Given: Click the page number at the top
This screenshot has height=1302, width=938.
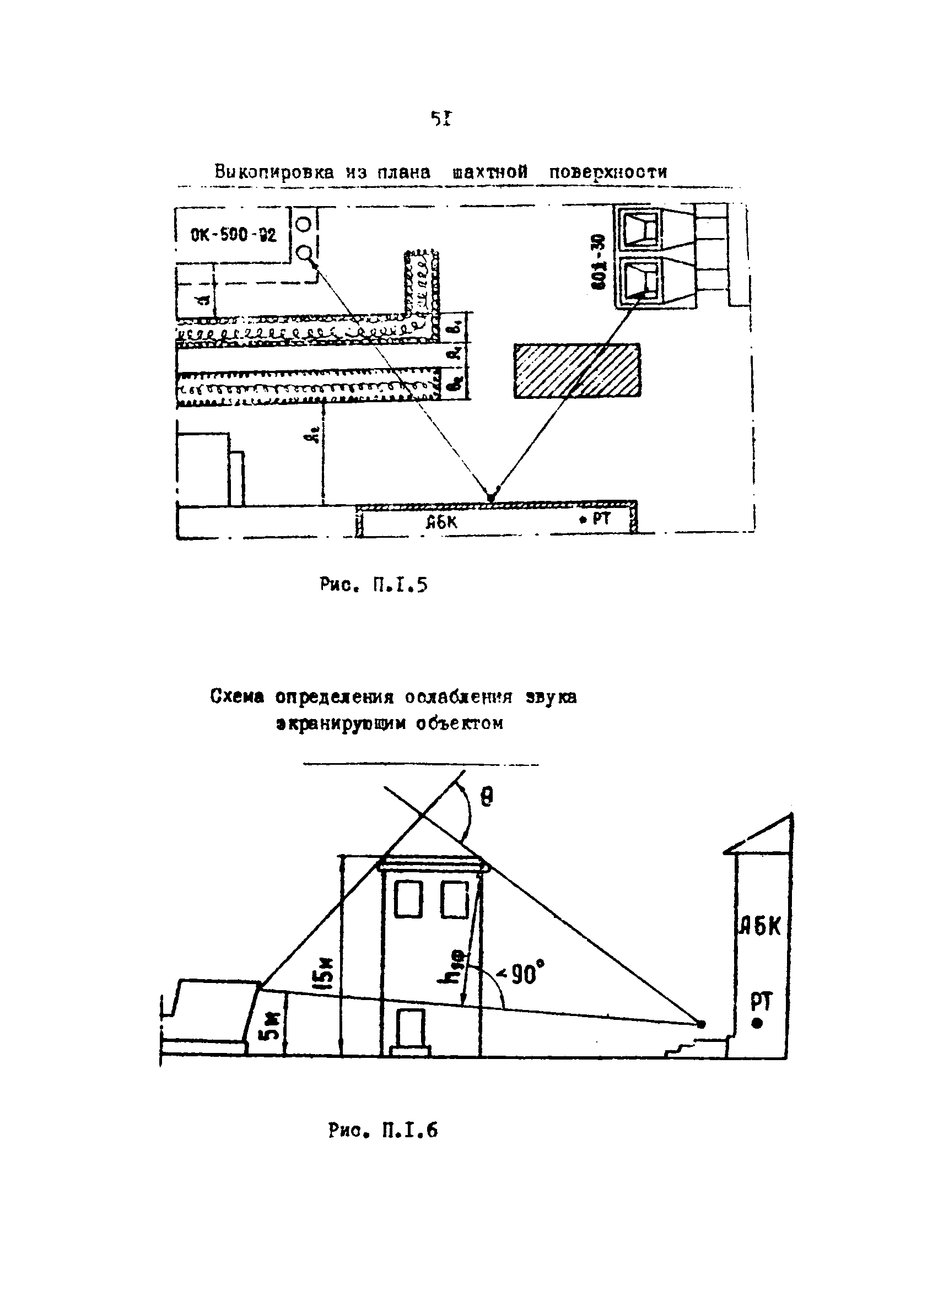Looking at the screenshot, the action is coord(441,119).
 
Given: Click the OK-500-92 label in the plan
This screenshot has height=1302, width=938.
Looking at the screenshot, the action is coord(233,235).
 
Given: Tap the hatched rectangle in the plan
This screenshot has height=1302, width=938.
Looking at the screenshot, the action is coord(576,370).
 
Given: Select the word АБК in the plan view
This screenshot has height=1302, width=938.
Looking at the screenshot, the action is coord(441,522).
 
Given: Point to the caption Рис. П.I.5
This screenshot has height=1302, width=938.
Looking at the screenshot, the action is coord(373,585).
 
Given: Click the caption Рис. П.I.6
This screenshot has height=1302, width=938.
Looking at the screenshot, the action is coord(382,1130).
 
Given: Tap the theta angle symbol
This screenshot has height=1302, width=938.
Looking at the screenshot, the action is coord(486,797).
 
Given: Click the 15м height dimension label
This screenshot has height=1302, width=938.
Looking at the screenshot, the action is coord(325,972).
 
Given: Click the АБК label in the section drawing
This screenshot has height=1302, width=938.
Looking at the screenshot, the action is coord(759,927).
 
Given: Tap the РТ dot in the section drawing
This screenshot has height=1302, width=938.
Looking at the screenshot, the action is coord(757,1023).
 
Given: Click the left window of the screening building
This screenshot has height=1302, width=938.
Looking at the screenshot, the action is coord(408,899).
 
